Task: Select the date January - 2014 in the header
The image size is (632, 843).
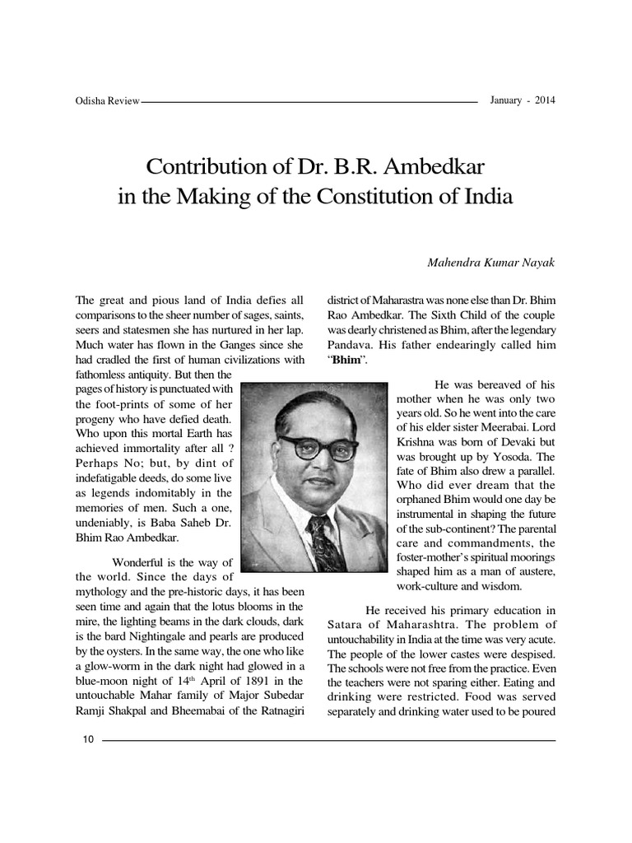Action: point(523,100)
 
